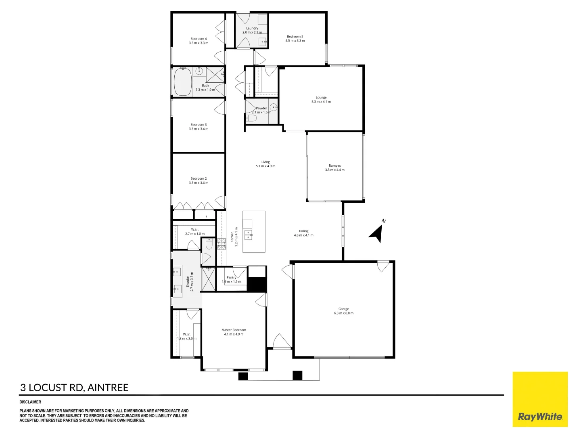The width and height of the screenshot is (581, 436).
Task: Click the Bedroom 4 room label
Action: coord(199,39)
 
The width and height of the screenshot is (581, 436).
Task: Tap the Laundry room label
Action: coord(252,28)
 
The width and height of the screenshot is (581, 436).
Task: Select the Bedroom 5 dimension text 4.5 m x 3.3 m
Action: coord(295,41)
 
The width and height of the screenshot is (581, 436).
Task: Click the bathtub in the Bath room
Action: coord(183,82)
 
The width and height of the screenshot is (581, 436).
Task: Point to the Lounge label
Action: coord(321,97)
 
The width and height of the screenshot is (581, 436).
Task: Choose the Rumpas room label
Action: coord(335,166)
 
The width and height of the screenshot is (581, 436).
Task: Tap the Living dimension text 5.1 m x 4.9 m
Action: coord(265,166)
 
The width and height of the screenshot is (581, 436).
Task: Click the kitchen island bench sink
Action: coord(248,235)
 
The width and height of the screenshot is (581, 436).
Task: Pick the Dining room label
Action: coord(303,231)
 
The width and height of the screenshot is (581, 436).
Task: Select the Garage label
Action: coord(344,309)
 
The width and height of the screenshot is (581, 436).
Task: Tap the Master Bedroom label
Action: coord(234,330)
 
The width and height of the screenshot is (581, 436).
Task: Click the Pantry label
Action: coord(231,277)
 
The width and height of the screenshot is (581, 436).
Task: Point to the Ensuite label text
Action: coord(188,282)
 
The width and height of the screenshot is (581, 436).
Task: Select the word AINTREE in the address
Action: coord(108,388)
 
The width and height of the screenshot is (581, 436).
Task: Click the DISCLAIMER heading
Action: coord(30,402)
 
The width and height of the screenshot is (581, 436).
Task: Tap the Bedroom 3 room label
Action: coord(199,125)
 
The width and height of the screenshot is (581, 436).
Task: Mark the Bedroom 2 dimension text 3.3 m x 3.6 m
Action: coord(199,183)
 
